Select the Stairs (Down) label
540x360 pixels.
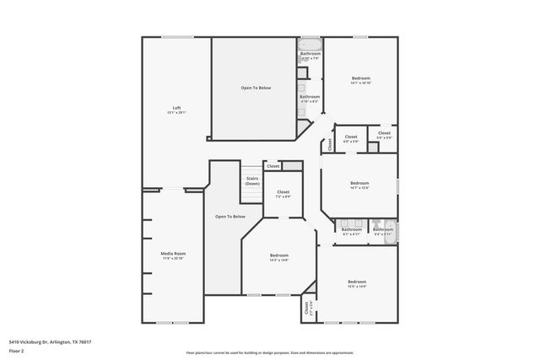point(252,181)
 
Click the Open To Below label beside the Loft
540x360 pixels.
point(256,88)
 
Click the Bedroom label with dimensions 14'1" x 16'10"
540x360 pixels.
point(360,81)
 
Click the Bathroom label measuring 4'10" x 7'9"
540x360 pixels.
point(310,56)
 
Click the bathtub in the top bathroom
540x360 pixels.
point(310,44)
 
